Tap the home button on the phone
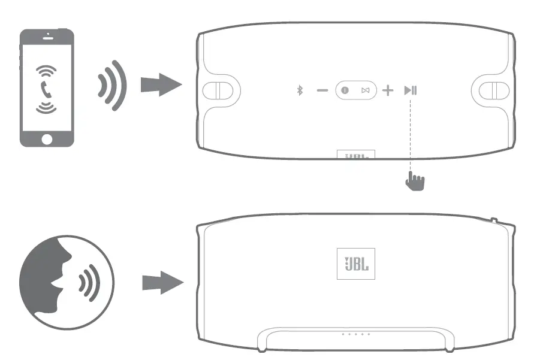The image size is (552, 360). pyautogui.click(x=47, y=138)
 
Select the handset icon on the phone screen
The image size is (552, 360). pyautogui.click(x=46, y=90)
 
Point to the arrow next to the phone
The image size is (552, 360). pyautogui.click(x=160, y=86)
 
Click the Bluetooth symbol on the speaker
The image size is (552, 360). pyautogui.click(x=301, y=90)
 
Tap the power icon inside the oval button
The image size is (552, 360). pyautogui.click(x=345, y=90)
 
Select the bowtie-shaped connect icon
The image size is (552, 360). pyautogui.click(x=365, y=90)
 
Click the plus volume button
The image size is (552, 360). pyautogui.click(x=388, y=90)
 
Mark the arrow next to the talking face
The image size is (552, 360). pyautogui.click(x=161, y=282)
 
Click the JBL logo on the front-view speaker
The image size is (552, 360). pyautogui.click(x=355, y=263)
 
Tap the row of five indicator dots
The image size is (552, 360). pyautogui.click(x=355, y=334)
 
